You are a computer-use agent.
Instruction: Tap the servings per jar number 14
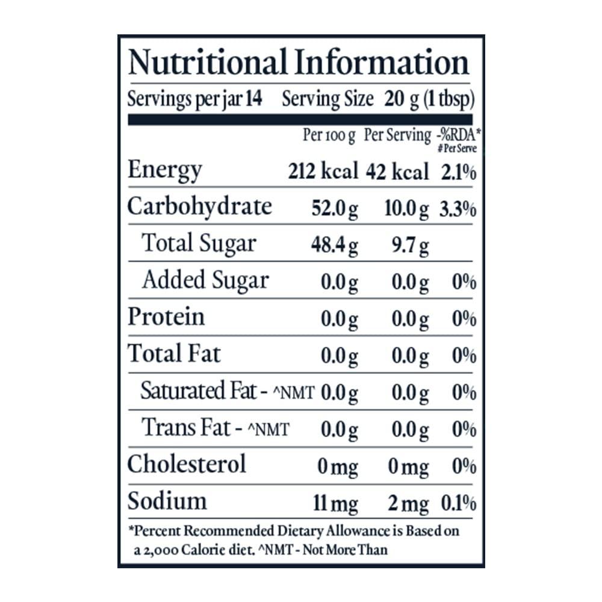[255, 99]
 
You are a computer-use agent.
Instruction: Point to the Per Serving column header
[397, 136]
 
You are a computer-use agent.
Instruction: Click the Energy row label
[164, 170]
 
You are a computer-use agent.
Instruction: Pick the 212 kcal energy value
[323, 172]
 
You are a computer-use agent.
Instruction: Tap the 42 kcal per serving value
[397, 172]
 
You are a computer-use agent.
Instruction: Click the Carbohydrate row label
[200, 207]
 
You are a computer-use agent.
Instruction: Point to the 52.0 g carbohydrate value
[334, 209]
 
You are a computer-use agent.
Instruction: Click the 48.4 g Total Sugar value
[334, 246]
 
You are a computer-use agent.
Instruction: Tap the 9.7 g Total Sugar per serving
[412, 246]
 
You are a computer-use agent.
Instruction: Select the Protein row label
[166, 317]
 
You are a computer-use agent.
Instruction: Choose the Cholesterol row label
[187, 464]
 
